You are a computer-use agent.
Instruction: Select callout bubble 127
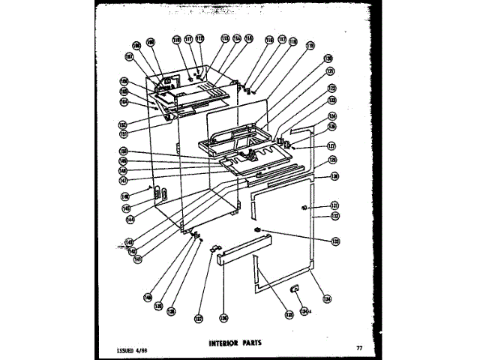pos(331,147)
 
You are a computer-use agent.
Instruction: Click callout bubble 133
pos(334,240)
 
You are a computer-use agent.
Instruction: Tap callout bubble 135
pos(289,315)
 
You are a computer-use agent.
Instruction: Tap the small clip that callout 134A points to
pos(295,288)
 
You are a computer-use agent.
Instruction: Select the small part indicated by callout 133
pos(257,228)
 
